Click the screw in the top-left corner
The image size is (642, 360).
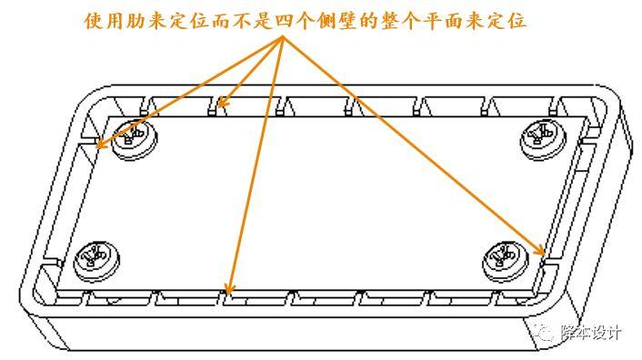(x=135, y=140)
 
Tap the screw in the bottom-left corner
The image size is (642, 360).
(x=96, y=262)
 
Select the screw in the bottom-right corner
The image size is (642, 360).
(x=506, y=262)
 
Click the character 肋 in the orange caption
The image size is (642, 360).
(x=135, y=21)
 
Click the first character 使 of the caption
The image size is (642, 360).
(x=94, y=21)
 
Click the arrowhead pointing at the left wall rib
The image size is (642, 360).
(x=100, y=143)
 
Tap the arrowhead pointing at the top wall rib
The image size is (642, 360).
(x=222, y=102)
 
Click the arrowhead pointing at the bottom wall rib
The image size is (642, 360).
(x=229, y=289)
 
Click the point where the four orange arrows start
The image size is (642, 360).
(x=282, y=37)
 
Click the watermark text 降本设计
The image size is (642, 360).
(x=591, y=332)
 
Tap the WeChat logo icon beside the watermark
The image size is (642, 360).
(x=546, y=333)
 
